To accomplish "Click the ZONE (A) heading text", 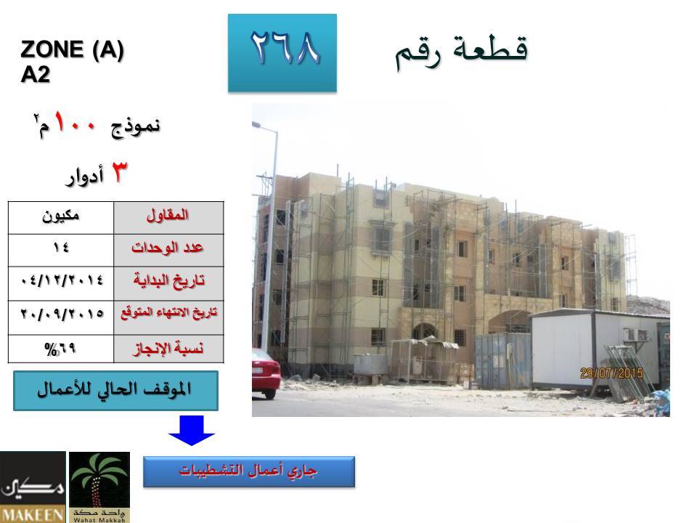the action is [x=72, y=49].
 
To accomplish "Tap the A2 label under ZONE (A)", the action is [x=35, y=74].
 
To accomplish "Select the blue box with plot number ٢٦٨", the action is [x=282, y=53].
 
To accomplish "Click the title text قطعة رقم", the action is [x=462, y=52].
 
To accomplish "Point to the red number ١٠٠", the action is [x=75, y=122].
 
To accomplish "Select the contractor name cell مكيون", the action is [x=61, y=216].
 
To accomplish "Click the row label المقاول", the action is [x=168, y=216].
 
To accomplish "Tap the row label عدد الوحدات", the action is [x=167, y=247].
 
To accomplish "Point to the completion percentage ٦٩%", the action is [x=60, y=349].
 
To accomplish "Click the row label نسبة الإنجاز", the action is [x=168, y=348].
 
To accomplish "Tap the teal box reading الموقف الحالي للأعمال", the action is [x=115, y=391].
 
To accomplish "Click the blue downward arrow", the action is [x=192, y=430].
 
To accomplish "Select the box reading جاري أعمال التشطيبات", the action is [x=249, y=471].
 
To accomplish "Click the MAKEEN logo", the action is [x=33, y=487].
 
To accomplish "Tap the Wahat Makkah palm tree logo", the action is [x=99, y=487].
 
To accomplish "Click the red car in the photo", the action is [x=266, y=373].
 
